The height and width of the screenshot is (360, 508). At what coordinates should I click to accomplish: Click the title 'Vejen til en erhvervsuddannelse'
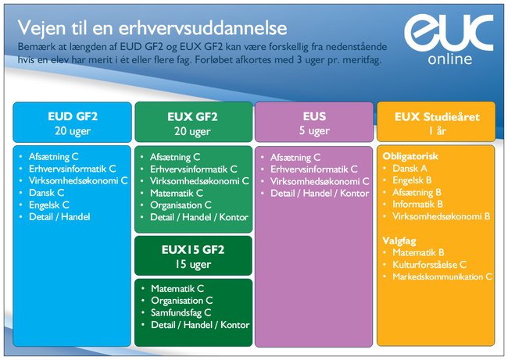coord(152,28)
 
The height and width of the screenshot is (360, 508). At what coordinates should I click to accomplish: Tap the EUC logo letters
coord(449,34)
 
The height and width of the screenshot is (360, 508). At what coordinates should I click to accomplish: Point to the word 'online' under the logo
coord(449,59)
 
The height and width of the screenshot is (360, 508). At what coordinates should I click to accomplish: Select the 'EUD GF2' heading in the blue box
coord(73,116)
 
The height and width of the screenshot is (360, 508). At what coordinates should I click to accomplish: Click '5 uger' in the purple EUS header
coord(314,130)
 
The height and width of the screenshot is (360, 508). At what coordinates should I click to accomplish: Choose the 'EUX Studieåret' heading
coord(437,117)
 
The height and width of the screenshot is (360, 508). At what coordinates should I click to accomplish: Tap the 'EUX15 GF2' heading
coord(193,250)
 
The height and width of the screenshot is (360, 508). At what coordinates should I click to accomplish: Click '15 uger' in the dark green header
coord(193,265)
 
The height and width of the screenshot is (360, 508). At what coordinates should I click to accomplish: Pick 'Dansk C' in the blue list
coord(47,193)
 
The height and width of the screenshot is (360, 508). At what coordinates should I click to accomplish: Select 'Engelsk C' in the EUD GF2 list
coord(49,205)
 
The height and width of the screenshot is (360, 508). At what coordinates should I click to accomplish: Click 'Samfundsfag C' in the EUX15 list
coord(181,312)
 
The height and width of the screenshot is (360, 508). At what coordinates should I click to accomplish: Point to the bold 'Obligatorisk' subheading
coord(410,156)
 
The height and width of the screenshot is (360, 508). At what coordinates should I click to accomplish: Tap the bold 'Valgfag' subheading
coord(399,241)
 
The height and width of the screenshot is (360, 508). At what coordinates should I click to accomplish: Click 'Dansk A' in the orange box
coord(410,169)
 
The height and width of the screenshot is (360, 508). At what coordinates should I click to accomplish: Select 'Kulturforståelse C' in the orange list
coord(429,265)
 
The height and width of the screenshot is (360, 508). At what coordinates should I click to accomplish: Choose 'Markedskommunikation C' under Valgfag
coord(442,276)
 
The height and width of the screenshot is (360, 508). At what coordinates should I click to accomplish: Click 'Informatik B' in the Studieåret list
coord(417,205)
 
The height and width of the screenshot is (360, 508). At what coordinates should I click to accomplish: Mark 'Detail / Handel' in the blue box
coord(59,217)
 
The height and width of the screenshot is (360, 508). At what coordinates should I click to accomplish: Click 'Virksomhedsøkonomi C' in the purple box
coord(320,182)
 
